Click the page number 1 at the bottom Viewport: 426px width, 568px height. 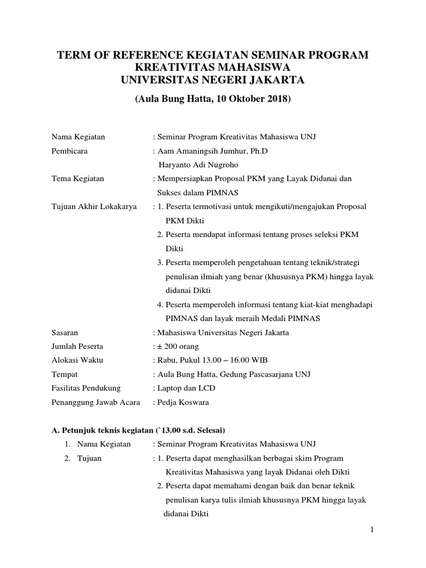[x=373, y=530]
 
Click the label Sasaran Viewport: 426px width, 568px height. [x=65, y=332]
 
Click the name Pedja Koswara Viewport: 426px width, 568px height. [x=184, y=402]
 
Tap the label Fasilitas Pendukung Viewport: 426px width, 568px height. [x=85, y=388]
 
